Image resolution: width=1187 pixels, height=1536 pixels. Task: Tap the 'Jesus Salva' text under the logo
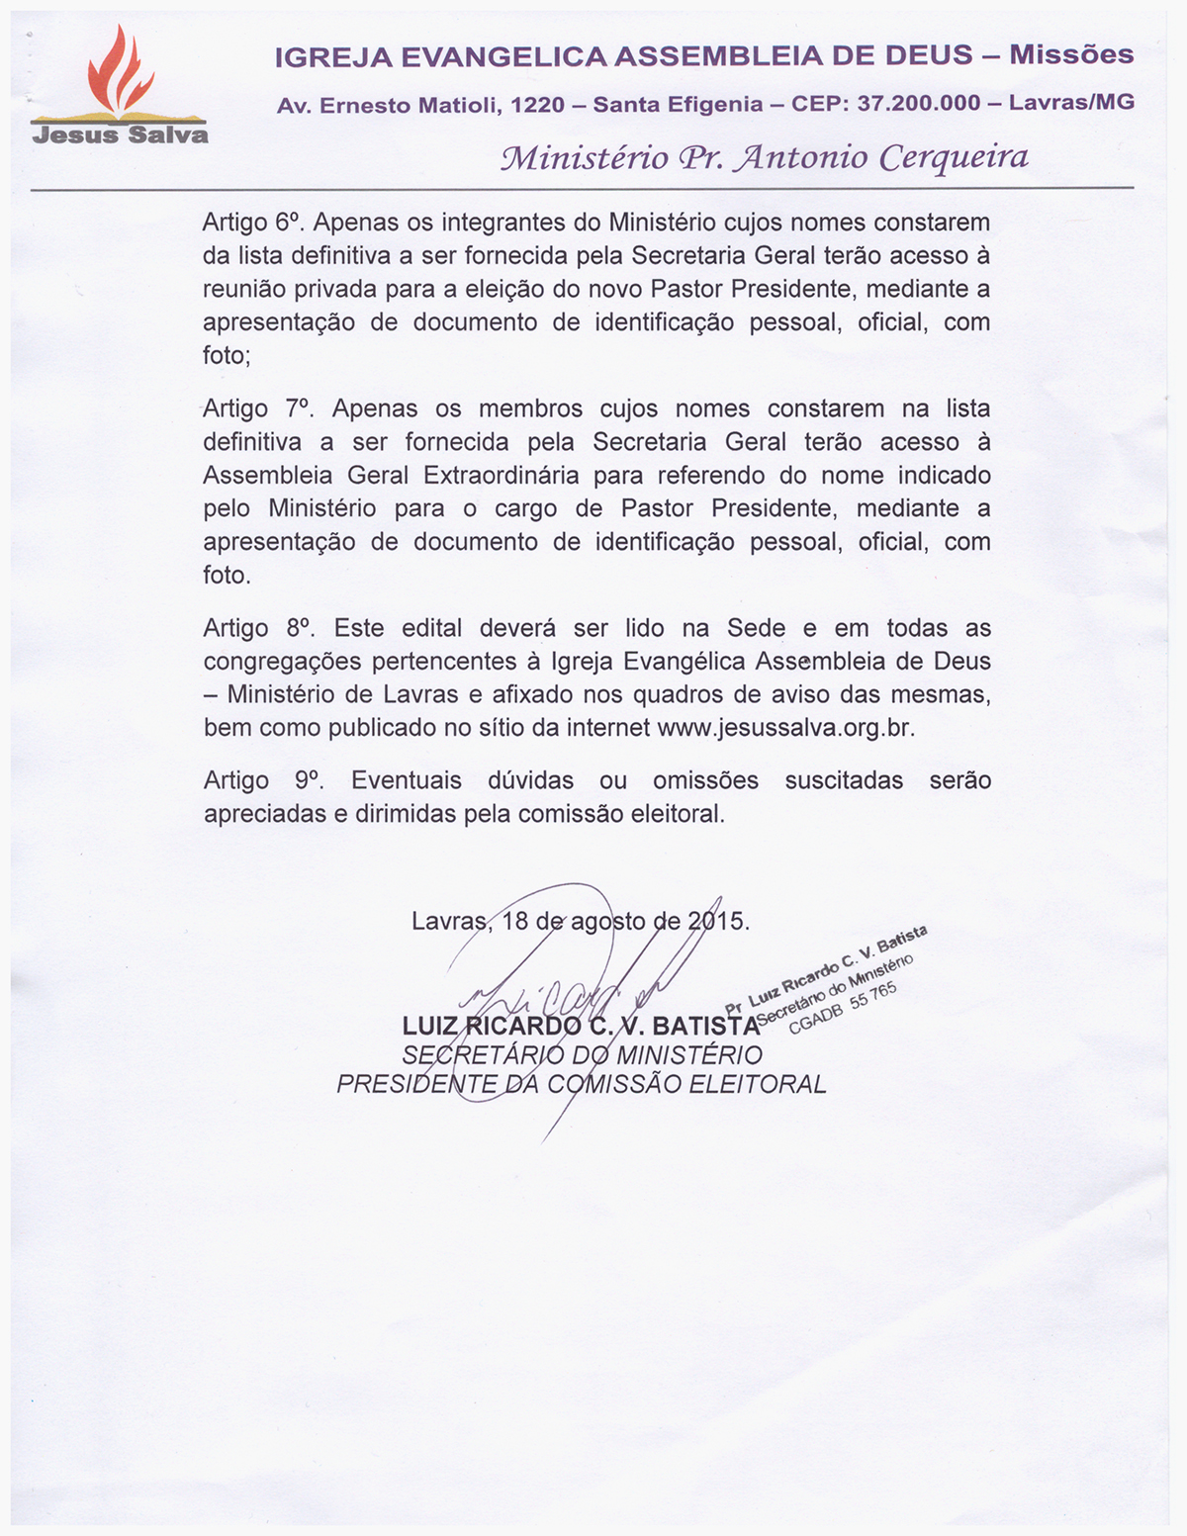(120, 135)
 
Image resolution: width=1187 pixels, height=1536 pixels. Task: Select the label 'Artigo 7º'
(256, 408)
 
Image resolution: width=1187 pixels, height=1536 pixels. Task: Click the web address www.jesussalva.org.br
(785, 728)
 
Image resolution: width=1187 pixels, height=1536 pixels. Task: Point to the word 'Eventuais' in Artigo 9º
(406, 780)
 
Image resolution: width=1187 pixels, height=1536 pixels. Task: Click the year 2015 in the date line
(718, 921)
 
